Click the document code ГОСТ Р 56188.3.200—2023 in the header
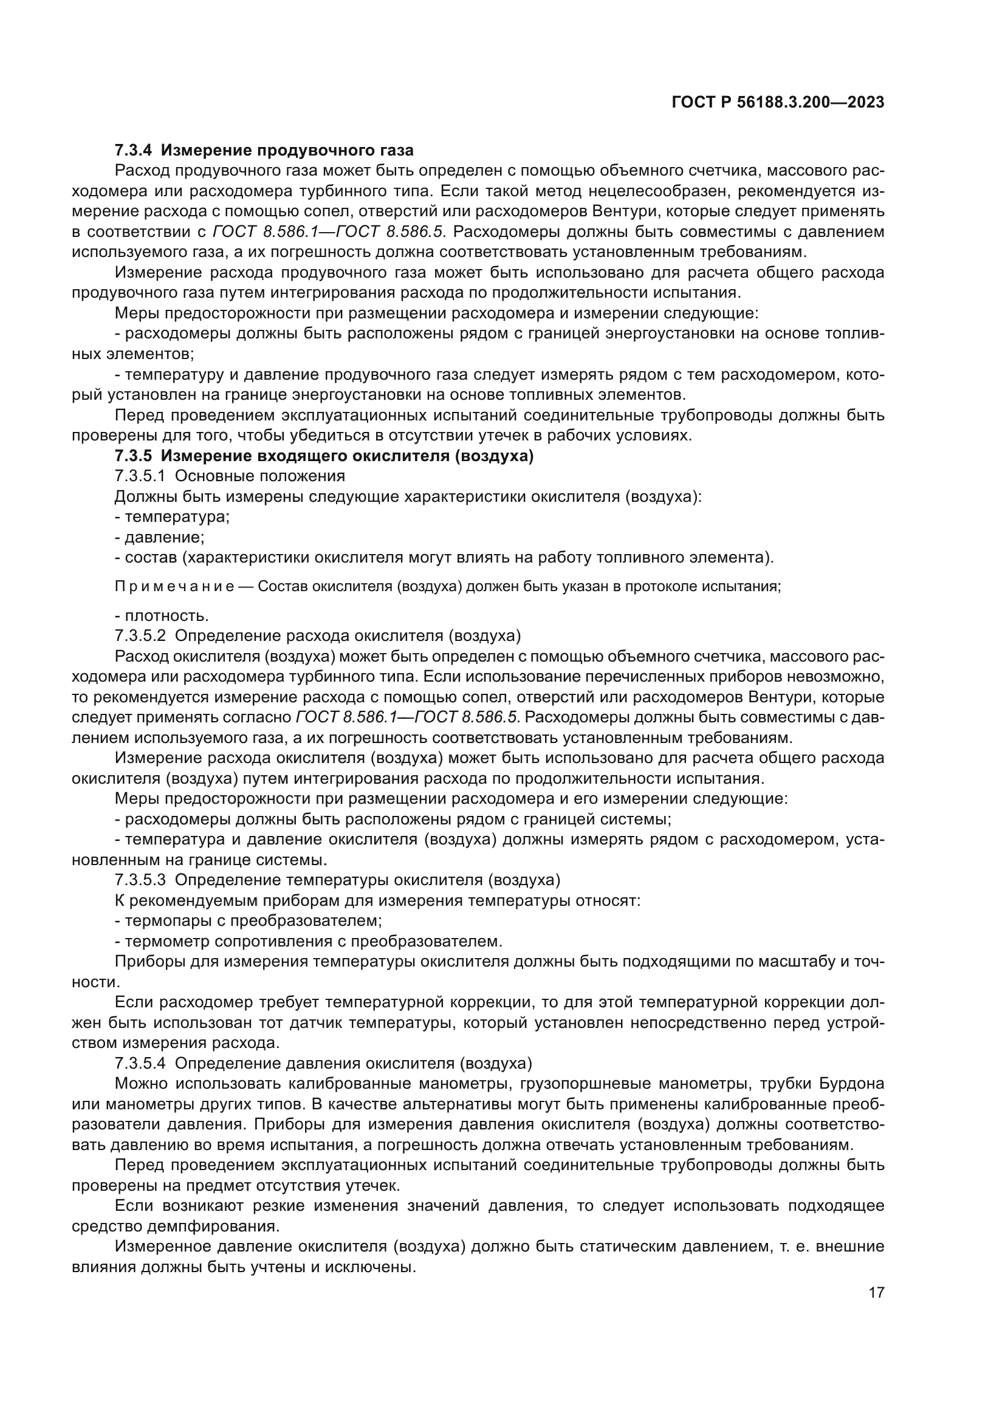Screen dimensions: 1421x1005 [778, 103]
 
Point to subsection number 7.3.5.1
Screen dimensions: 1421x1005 [140, 476]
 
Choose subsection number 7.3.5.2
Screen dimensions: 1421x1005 [140, 635]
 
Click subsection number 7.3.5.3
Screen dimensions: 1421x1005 [140, 880]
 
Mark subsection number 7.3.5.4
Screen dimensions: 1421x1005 [140, 1063]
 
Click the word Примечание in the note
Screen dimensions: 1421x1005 [174, 587]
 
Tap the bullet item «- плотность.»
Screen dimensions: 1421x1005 [162, 616]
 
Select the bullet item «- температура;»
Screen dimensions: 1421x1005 [172, 517]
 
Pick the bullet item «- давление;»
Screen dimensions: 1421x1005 [160, 537]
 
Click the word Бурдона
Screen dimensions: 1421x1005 [851, 1084]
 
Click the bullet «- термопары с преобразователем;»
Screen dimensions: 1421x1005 [248, 920]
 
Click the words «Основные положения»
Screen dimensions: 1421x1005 [260, 476]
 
